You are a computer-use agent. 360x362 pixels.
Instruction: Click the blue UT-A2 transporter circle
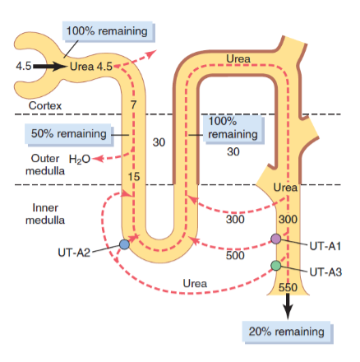pyautogui.click(x=125, y=244)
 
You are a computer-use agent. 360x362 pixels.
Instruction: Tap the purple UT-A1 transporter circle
pyautogui.click(x=276, y=239)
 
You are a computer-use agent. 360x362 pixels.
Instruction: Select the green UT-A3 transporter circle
pyautogui.click(x=276, y=265)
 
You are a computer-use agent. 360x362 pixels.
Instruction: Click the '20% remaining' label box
pyautogui.click(x=287, y=332)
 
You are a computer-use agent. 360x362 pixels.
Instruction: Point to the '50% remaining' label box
pyautogui.click(x=69, y=134)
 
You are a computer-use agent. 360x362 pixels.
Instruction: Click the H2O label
pyautogui.click(x=80, y=159)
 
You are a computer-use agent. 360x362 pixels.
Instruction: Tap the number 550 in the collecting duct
pyautogui.click(x=288, y=287)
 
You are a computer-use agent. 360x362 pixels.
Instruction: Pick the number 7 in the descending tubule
pyautogui.click(x=133, y=104)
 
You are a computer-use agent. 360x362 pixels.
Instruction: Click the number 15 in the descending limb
pyautogui.click(x=134, y=177)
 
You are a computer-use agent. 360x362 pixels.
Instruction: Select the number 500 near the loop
pyautogui.click(x=235, y=255)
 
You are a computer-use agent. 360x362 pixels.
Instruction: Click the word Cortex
pyautogui.click(x=45, y=105)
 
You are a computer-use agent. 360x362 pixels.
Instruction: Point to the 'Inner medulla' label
pyautogui.click(x=45, y=214)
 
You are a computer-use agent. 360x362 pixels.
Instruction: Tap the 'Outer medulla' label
pyautogui.click(x=45, y=165)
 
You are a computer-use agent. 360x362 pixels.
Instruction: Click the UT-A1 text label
pyautogui.click(x=325, y=246)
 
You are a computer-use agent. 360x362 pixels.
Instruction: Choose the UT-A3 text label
pyautogui.click(x=325, y=272)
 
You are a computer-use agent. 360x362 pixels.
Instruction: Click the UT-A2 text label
pyautogui.click(x=74, y=253)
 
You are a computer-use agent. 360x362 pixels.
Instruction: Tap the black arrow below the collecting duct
pyautogui.click(x=288, y=307)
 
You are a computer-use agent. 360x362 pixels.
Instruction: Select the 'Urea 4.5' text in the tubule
pyautogui.click(x=91, y=67)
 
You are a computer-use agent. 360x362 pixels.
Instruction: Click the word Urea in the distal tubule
pyautogui.click(x=238, y=58)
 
